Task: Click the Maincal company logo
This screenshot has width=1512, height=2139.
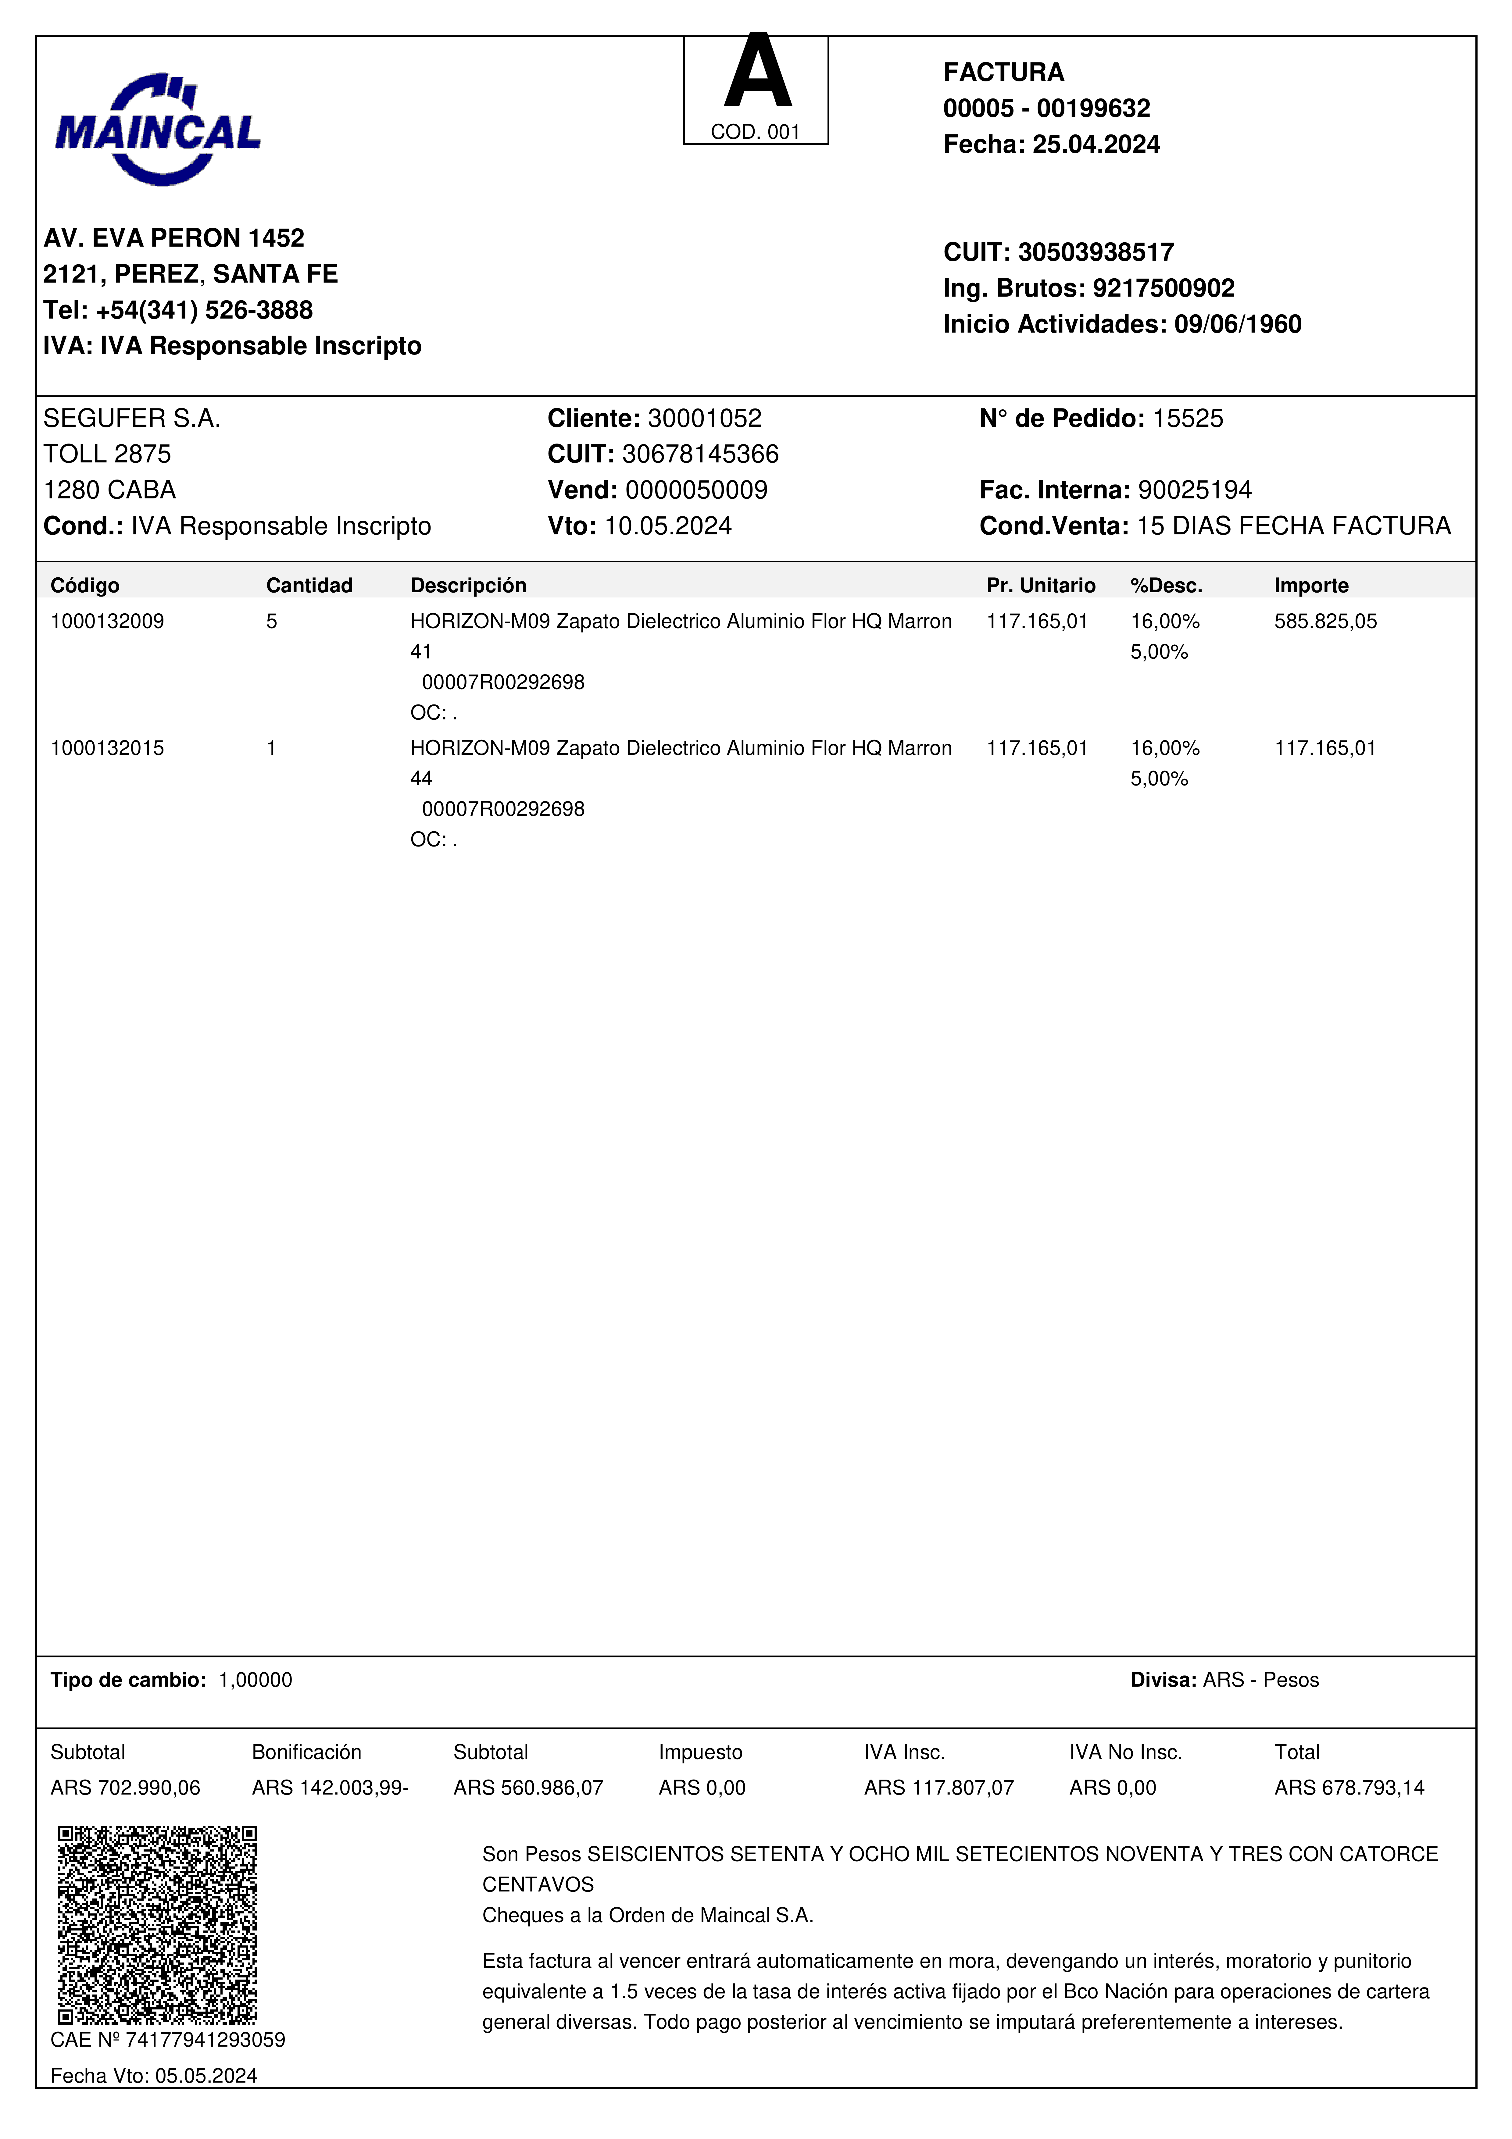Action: tap(157, 130)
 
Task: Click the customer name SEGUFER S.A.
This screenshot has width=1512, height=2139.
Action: tap(131, 418)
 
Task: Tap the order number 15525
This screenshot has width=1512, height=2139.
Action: tap(1188, 418)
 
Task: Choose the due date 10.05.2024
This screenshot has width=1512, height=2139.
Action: tap(668, 526)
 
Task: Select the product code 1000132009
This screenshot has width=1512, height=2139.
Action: tap(107, 621)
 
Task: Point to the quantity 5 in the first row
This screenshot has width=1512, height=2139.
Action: tap(271, 621)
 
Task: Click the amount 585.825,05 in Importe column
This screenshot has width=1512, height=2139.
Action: tap(1325, 621)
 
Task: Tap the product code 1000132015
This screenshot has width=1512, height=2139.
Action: tap(107, 748)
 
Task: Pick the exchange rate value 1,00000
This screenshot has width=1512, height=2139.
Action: tap(255, 1680)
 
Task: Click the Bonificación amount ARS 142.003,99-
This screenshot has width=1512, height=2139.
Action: tap(330, 1788)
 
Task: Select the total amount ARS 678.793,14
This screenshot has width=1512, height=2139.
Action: tap(1349, 1788)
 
